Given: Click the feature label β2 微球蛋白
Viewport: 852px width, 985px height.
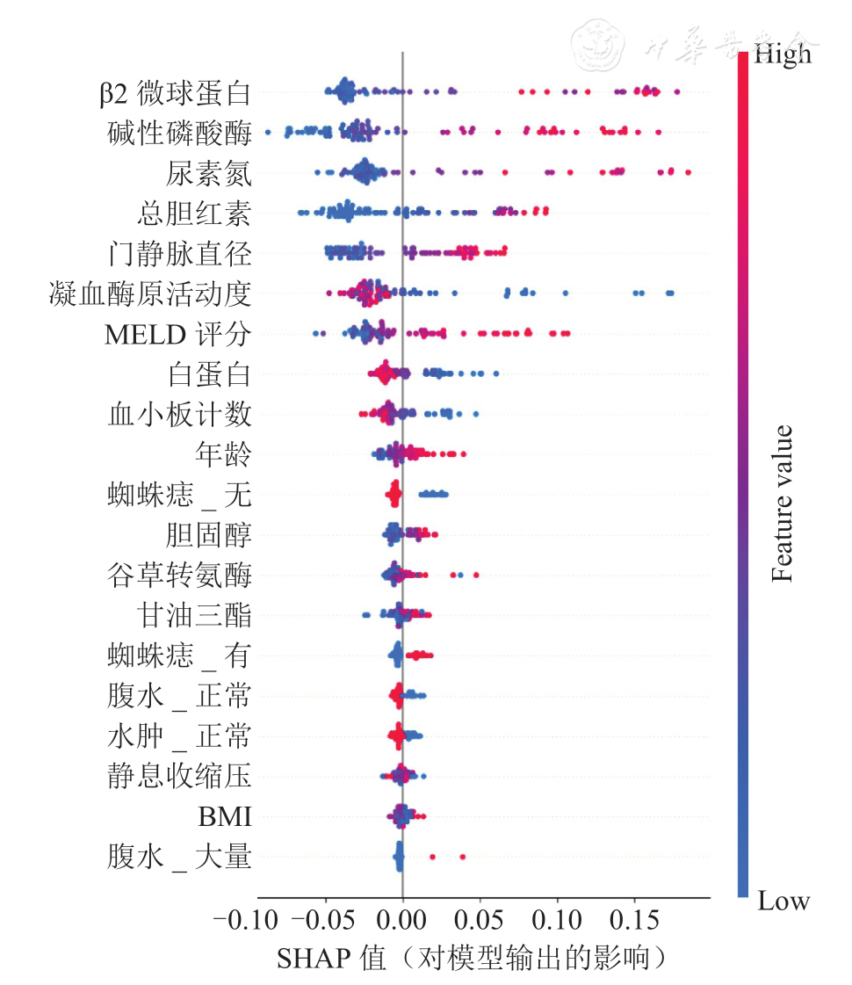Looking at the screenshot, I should tap(176, 92).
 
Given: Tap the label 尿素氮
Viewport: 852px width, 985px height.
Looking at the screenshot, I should tap(208, 173).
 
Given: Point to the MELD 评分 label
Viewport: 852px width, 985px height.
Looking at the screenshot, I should tap(177, 335).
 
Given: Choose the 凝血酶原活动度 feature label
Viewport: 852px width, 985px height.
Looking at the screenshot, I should tap(150, 294).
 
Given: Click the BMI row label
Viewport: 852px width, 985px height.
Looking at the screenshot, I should tap(225, 818).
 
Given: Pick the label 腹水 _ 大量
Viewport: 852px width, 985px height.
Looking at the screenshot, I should tap(179, 857).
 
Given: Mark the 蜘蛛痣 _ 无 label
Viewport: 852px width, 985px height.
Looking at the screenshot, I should tap(179, 496).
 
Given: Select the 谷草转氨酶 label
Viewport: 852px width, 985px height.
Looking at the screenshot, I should tap(179, 576).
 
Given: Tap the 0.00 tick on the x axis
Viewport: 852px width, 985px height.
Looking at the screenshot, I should tap(402, 921).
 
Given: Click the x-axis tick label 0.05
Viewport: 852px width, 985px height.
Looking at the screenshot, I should tap(480, 921).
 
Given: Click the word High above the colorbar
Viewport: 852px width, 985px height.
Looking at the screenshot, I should tap(783, 55).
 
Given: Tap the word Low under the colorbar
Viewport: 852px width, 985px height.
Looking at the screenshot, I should tap(783, 902).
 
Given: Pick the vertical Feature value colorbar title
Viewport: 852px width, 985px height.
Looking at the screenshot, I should tap(782, 503).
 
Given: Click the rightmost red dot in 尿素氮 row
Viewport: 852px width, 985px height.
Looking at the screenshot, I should tap(688, 172).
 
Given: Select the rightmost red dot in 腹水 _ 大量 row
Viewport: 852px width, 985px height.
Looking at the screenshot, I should tap(462, 856).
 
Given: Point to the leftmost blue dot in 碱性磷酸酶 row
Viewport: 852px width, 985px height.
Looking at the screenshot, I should tap(268, 133).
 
